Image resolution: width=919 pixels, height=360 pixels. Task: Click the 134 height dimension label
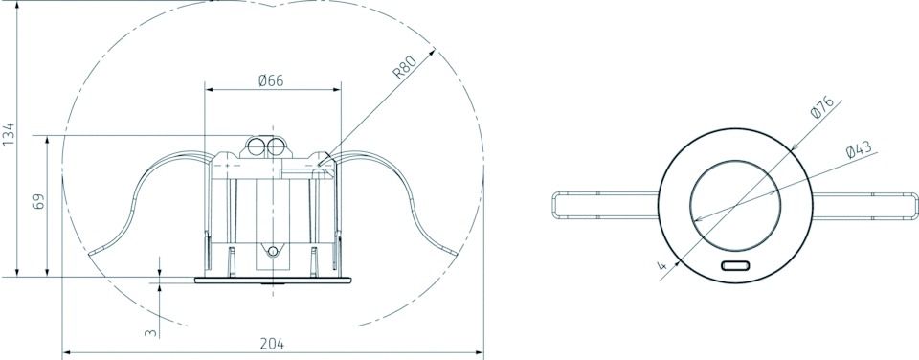tap(9, 134)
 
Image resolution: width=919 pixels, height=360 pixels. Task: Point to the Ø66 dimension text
tap(271, 80)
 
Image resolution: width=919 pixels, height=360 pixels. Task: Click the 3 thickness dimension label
tap(151, 332)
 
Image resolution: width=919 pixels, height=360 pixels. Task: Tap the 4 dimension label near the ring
tap(662, 266)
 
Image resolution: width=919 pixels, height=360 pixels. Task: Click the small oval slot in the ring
tap(735, 265)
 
